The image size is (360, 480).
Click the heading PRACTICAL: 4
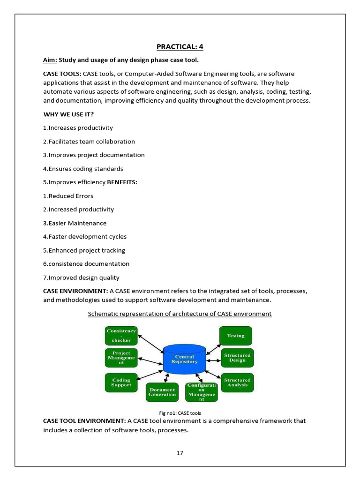[180, 46]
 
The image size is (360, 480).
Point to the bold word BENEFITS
[122, 182]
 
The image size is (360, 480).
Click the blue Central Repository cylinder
[184, 359]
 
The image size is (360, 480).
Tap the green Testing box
[236, 336]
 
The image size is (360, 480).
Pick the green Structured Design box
[237, 358]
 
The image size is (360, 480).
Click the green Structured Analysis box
[237, 382]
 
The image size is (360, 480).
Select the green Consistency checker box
[121, 336]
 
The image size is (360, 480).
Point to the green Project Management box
[121, 358]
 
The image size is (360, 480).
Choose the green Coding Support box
[121, 382]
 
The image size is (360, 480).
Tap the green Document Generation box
[162, 392]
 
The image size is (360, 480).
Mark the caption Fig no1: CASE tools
[180, 413]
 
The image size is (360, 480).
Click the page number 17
[180, 453]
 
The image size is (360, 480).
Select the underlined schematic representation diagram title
[180, 314]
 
